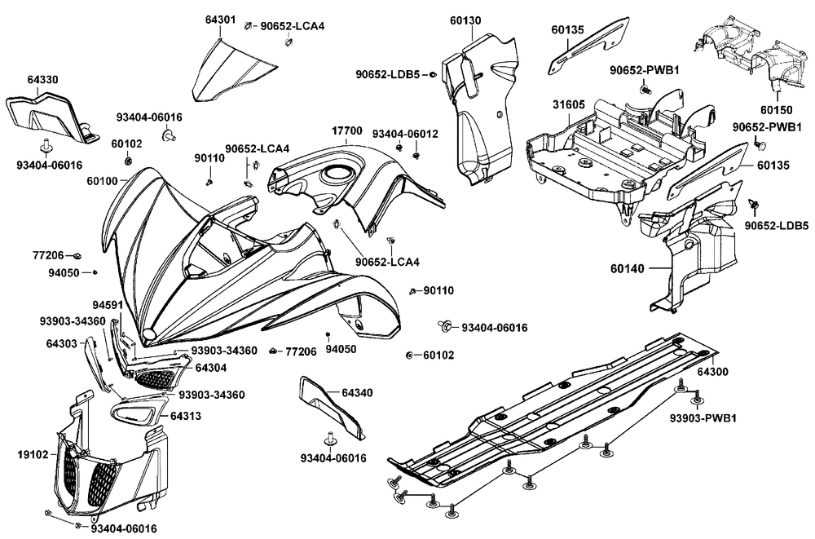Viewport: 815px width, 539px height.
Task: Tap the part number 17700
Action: [x=347, y=130]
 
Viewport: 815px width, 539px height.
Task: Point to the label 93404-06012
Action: [x=405, y=133]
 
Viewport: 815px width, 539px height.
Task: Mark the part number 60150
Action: [x=777, y=108]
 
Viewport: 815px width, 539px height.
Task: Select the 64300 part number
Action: [x=713, y=371]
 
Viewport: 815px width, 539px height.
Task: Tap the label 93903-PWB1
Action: [x=703, y=418]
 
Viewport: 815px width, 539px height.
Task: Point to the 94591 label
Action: [x=107, y=306]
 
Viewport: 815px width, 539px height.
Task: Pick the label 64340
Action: [x=357, y=393]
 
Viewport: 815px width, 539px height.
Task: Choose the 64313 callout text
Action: [x=187, y=416]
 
